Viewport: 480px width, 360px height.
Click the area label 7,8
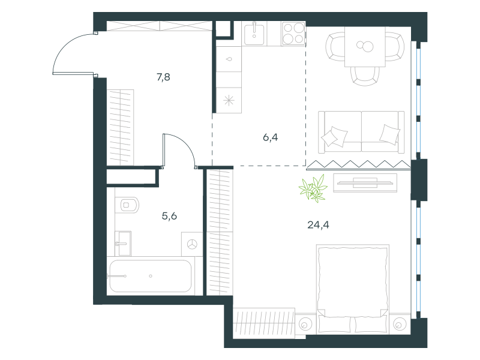click(163, 77)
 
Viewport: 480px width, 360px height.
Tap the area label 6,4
click(271, 137)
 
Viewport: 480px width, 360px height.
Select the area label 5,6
click(169, 216)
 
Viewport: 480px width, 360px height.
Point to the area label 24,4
click(318, 225)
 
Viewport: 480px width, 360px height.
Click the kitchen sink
click(254, 34)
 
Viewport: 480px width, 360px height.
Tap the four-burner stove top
click(293, 34)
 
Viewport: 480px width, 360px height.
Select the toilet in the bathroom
click(127, 205)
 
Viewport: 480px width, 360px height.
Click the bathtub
click(151, 276)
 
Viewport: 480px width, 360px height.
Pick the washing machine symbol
click(192, 244)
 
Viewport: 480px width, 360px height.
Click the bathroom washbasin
click(123, 244)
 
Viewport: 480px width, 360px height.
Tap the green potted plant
click(313, 188)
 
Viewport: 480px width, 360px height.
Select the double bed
click(353, 289)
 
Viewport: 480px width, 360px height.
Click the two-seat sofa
click(361, 131)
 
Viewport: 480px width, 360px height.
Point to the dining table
click(365, 47)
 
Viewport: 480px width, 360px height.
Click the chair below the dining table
click(365, 76)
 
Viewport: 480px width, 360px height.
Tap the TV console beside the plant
click(365, 183)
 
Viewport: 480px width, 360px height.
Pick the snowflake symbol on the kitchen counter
click(229, 100)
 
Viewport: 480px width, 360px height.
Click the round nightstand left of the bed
click(305, 324)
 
